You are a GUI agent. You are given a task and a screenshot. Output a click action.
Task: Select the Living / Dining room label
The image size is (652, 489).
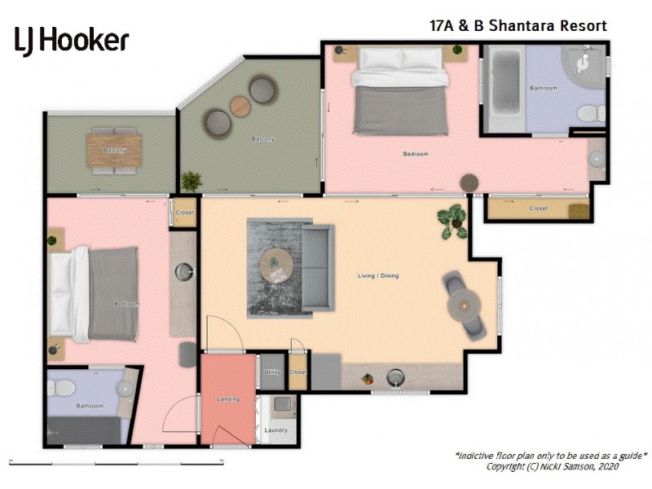coord(378,276)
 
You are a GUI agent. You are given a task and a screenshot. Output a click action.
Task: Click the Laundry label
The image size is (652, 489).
coord(276,430)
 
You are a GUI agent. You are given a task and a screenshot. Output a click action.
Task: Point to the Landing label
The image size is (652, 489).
coord(228,399)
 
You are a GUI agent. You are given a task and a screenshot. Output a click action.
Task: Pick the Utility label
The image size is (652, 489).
coord(271,372)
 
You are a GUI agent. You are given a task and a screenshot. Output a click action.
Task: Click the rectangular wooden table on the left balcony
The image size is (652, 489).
coord(115,149)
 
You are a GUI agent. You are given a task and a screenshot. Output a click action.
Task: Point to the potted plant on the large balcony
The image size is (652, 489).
coord(192,180)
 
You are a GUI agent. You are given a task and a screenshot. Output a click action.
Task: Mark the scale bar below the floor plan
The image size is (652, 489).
coord(116,463)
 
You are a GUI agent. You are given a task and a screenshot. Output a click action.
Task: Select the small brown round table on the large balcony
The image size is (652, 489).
coord(240,106)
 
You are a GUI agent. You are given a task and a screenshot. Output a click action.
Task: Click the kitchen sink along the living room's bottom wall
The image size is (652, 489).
coord(396,377)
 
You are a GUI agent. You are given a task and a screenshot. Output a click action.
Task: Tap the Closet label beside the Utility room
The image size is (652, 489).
coord(297,372)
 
